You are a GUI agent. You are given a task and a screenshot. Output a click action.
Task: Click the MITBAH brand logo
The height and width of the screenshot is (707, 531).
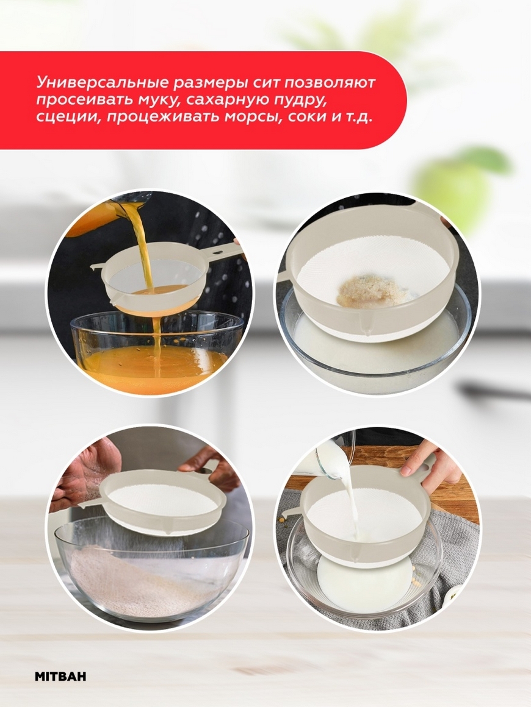(x=60, y=677)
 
